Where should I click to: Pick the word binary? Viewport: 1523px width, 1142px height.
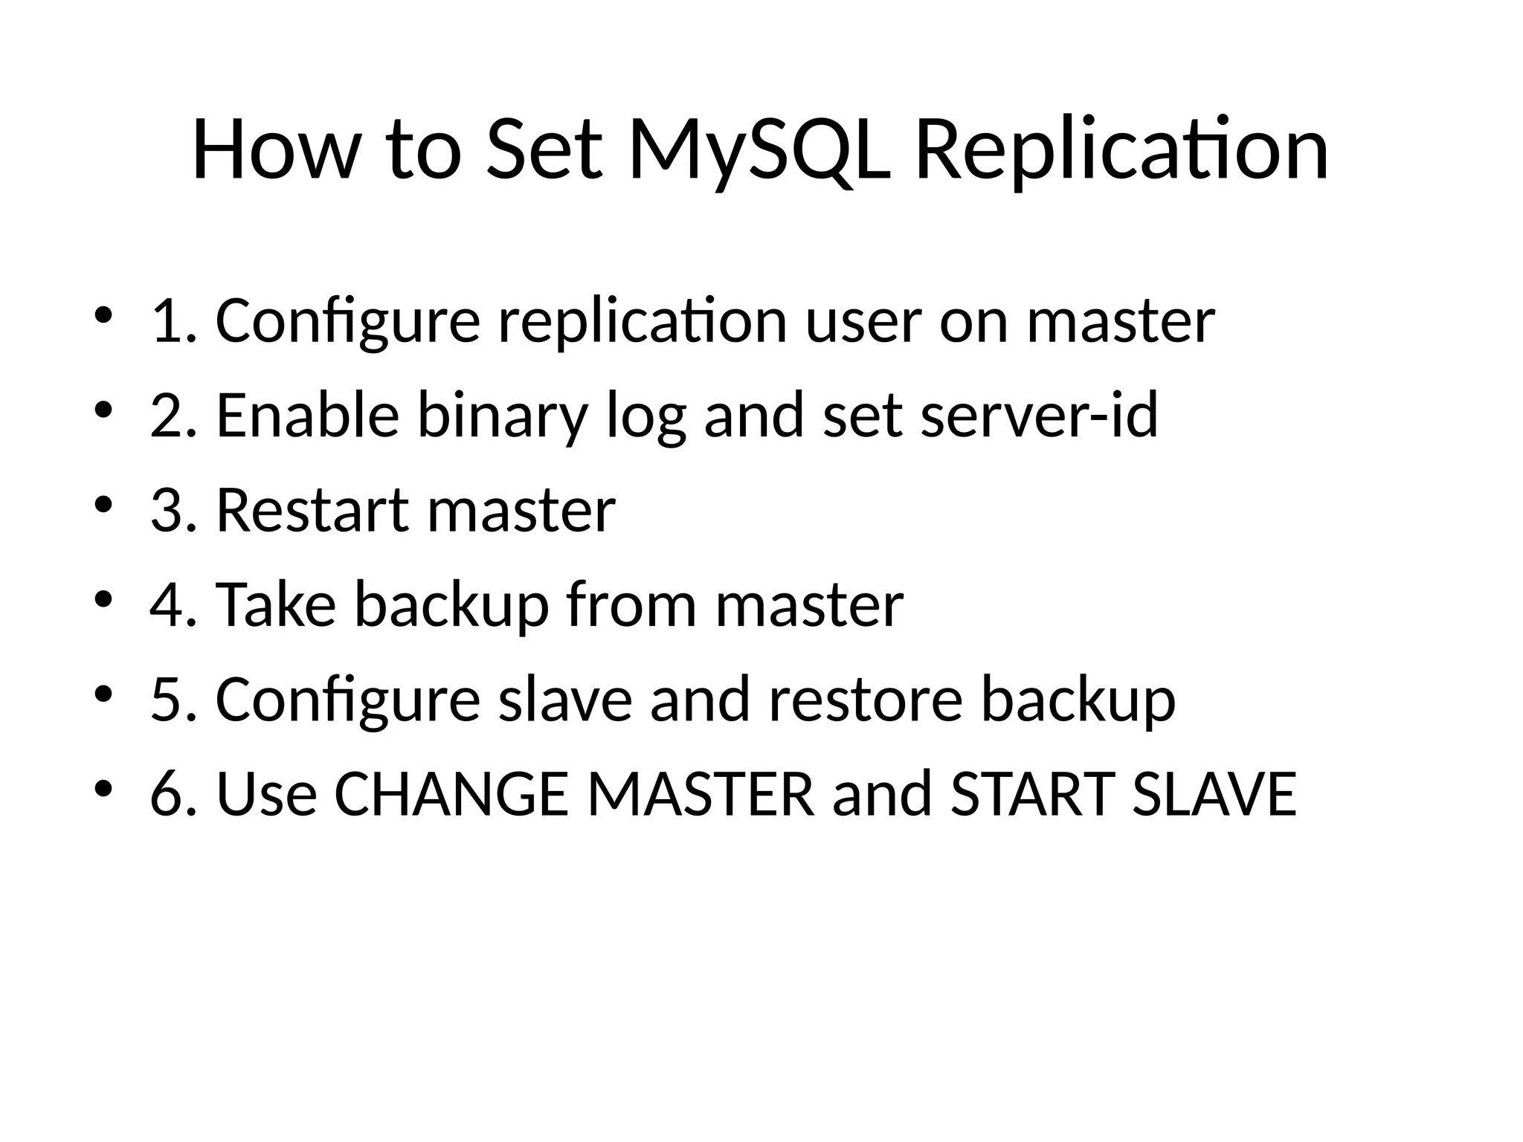pyautogui.click(x=503, y=416)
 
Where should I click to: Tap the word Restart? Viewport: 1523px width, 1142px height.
pyautogui.click(x=312, y=511)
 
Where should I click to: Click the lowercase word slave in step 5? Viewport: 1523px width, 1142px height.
pyautogui.click(x=564, y=700)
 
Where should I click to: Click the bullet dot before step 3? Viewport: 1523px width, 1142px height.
pyautogui.click(x=103, y=506)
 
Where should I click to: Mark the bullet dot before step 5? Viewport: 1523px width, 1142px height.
pyautogui.click(x=103, y=694)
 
